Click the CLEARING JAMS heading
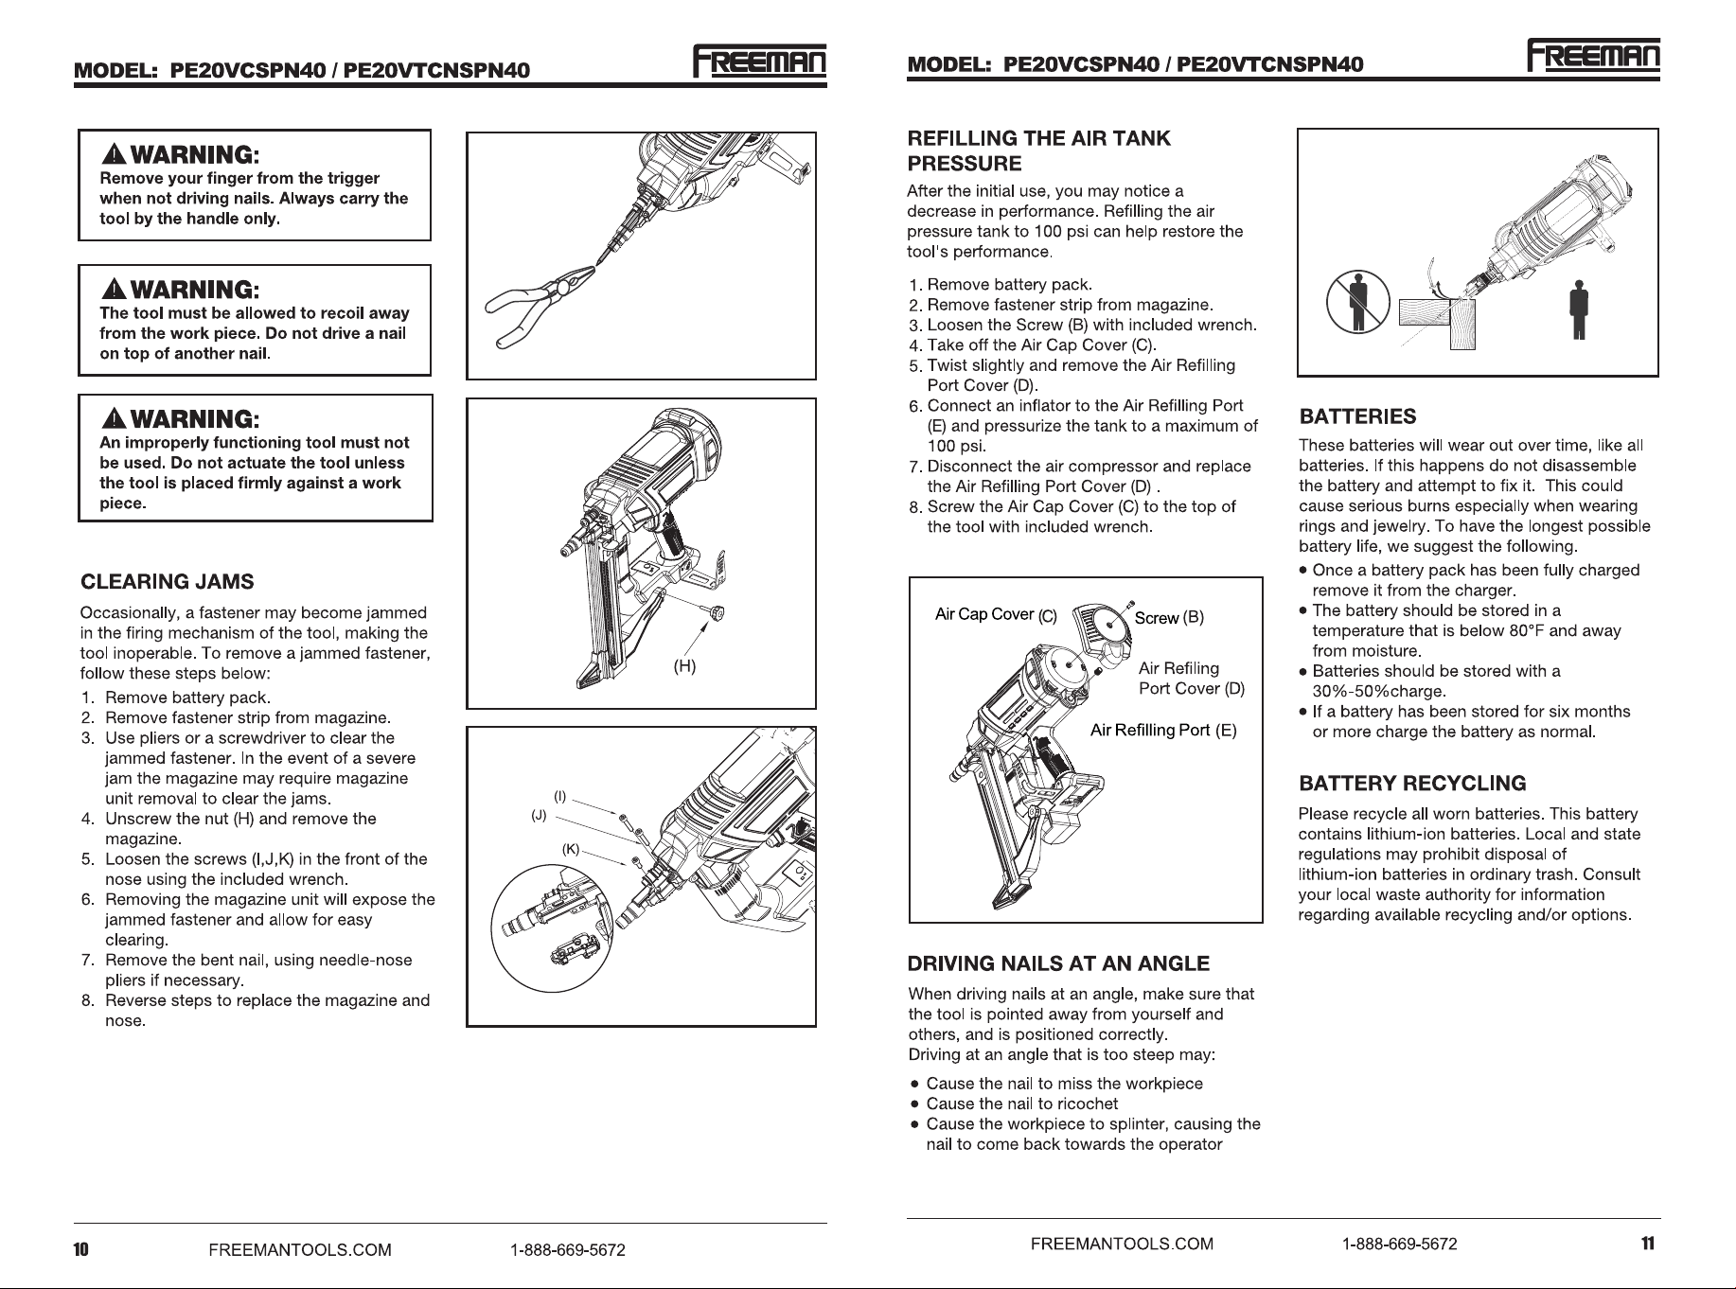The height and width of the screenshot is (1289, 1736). click(x=168, y=581)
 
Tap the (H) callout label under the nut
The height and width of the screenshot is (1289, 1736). click(x=684, y=666)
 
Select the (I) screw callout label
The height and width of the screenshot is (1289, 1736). click(x=559, y=796)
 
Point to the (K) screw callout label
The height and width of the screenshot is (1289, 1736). click(x=570, y=849)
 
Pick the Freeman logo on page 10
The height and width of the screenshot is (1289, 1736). click(x=760, y=62)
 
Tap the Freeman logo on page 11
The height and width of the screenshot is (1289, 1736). click(x=1594, y=56)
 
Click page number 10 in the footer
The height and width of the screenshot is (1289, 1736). click(x=81, y=1249)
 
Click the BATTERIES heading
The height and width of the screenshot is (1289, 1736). click(x=1357, y=416)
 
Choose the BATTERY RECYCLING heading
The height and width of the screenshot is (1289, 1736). click(x=1412, y=784)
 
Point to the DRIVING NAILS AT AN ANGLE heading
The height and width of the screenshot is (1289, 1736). click(x=1058, y=964)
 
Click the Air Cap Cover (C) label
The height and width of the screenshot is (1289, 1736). click(x=996, y=615)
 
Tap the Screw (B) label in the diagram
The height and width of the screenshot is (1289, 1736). click(x=1169, y=618)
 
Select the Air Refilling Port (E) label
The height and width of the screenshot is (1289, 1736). click(x=1163, y=730)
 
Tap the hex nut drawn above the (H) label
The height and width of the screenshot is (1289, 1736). click(x=716, y=613)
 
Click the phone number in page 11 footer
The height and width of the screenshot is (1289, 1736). click(x=1400, y=1244)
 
